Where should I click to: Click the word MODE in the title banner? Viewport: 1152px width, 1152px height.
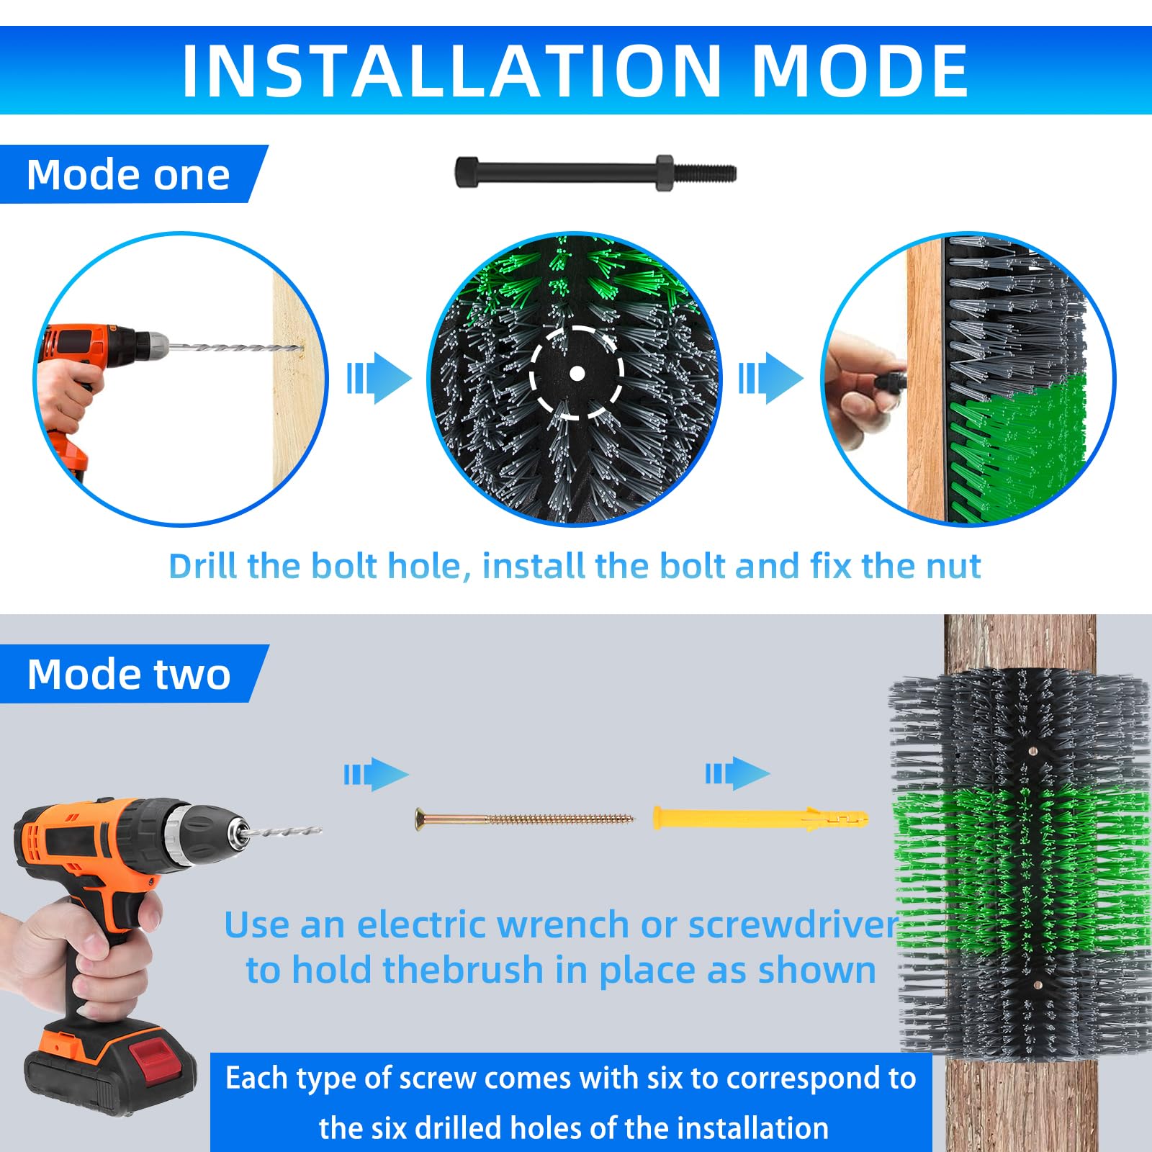(860, 71)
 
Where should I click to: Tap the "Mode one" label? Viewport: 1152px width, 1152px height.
(128, 175)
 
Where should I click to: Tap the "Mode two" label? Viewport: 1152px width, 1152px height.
(129, 675)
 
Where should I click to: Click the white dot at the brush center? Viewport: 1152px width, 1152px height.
(577, 373)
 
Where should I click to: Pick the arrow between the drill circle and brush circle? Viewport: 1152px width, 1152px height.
(379, 377)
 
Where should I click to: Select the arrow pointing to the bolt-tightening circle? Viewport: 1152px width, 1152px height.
(770, 377)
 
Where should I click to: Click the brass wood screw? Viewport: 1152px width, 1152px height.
(524, 819)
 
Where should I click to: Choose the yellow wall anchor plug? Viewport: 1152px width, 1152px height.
(760, 819)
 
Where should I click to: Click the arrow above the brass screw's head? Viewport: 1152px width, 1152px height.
(376, 774)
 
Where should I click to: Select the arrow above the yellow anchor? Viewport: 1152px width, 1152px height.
(737, 774)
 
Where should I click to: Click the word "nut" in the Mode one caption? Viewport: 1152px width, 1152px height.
(953, 566)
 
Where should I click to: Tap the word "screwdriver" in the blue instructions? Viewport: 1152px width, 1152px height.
(793, 924)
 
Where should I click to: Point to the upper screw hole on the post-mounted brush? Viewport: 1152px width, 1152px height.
(1033, 751)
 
